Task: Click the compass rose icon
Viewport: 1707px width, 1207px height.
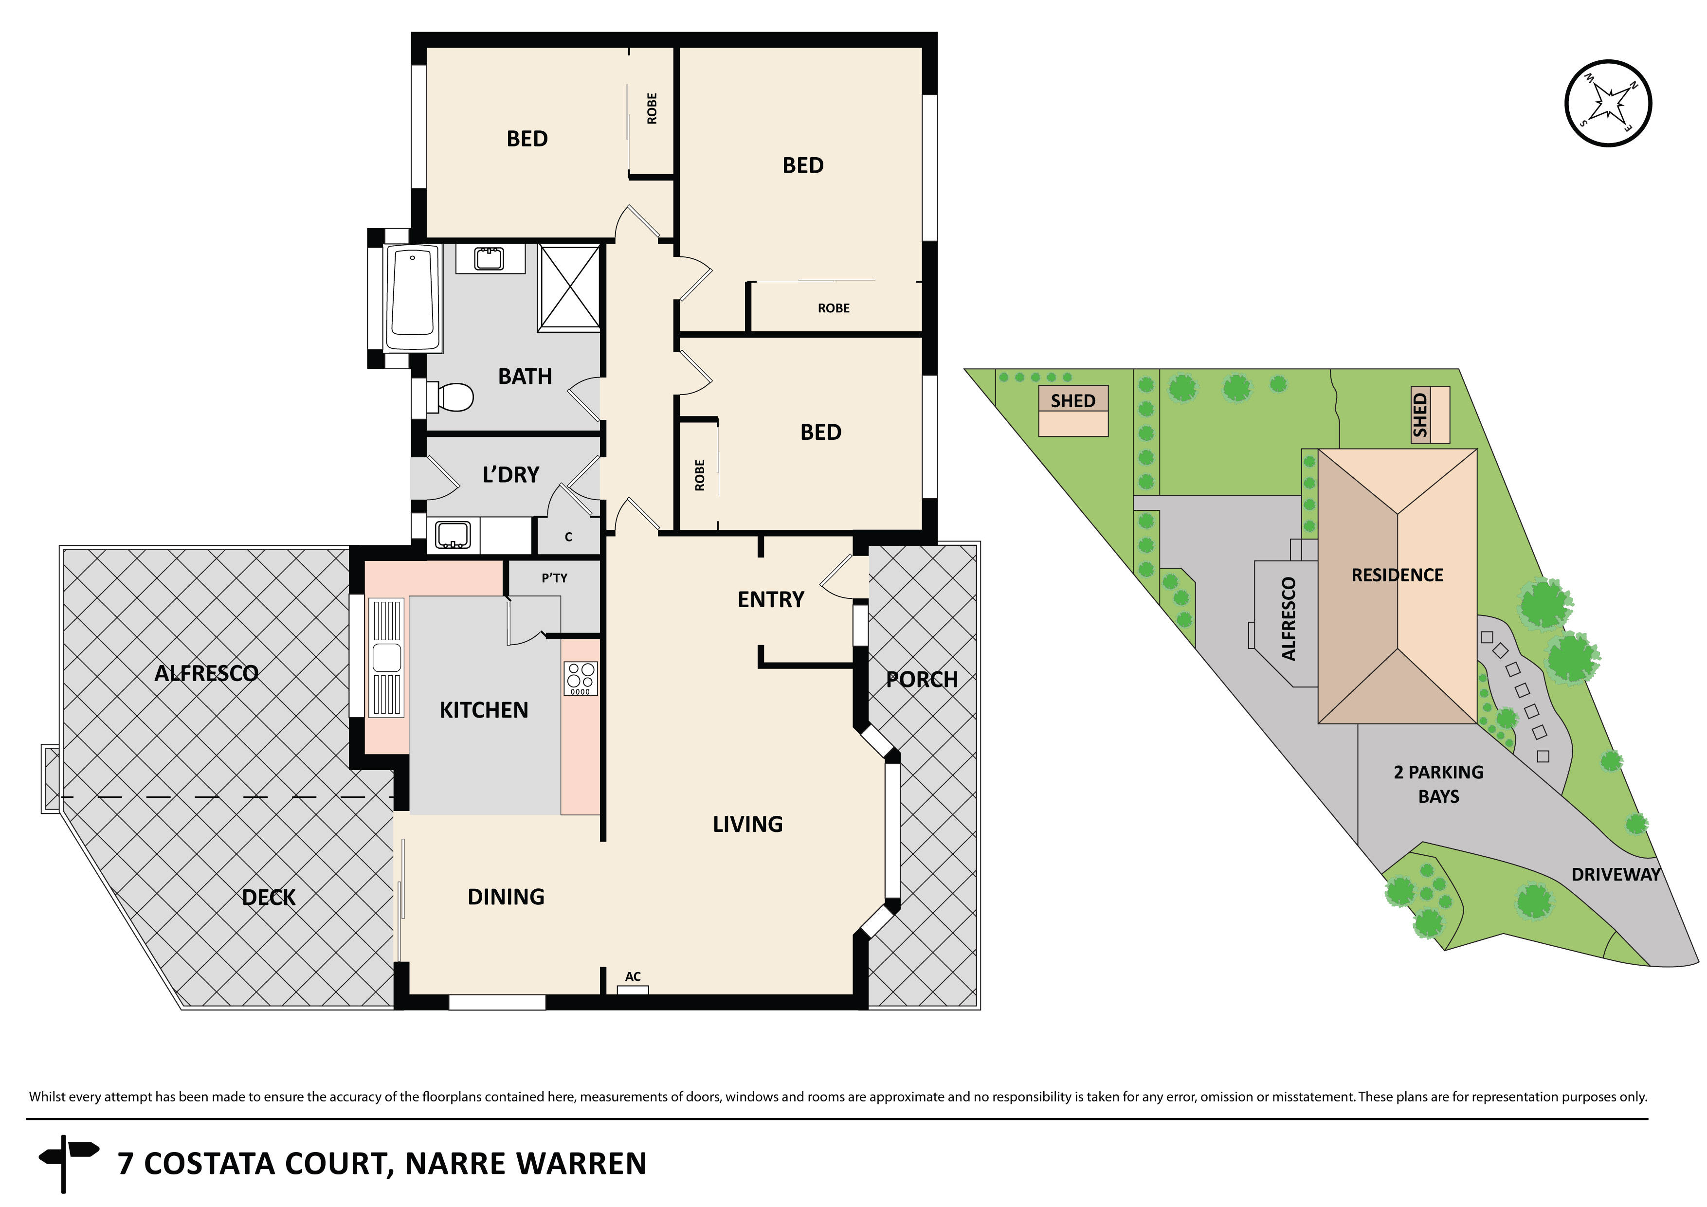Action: (x=1608, y=103)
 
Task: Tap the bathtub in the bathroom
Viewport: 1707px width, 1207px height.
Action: (x=413, y=296)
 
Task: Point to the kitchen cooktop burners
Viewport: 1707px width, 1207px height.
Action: (x=581, y=678)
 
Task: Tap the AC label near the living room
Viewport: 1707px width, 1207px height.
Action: (x=633, y=976)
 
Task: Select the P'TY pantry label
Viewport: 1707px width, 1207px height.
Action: (x=554, y=577)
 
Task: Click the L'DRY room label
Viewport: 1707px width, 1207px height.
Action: (x=511, y=474)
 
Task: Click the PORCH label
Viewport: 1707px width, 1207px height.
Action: (x=922, y=679)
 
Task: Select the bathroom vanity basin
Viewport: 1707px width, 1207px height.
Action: (x=489, y=259)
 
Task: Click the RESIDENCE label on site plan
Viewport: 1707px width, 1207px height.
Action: (x=1397, y=575)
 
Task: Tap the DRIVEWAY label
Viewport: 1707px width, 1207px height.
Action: (x=1615, y=875)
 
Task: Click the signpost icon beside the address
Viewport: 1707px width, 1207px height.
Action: (x=69, y=1161)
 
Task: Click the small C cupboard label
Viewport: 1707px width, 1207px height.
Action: (x=568, y=537)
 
